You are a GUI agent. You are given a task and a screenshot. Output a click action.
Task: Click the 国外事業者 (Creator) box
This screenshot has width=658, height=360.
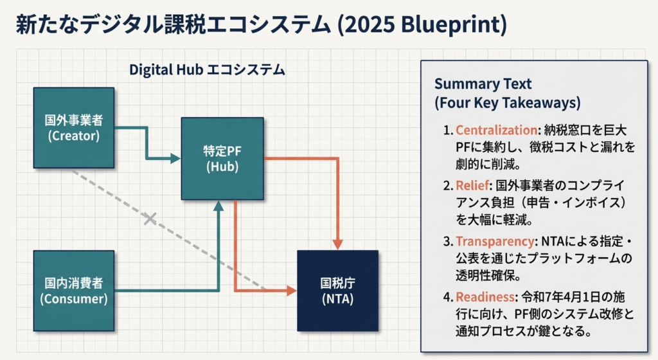(73, 127)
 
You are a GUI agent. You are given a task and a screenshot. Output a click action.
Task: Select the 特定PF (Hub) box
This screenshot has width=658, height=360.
(222, 158)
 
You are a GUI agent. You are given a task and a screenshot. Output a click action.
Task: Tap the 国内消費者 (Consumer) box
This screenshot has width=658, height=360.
(73, 291)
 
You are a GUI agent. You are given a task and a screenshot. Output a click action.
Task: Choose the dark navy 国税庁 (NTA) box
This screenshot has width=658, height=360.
(337, 291)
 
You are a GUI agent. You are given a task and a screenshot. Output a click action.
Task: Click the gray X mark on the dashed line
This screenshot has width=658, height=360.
(150, 219)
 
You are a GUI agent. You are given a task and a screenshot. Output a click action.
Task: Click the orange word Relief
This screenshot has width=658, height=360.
(472, 186)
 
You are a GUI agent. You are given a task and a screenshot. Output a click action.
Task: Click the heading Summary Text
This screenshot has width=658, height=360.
(483, 84)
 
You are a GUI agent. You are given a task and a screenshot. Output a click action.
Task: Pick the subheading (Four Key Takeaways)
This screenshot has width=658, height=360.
(508, 102)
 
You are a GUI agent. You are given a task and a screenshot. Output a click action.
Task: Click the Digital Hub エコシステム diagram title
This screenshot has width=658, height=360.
(207, 69)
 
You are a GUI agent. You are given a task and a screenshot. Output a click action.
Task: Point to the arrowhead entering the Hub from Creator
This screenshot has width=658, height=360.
(175, 158)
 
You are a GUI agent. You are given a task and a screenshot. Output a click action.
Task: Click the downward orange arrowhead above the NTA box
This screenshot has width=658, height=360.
(338, 244)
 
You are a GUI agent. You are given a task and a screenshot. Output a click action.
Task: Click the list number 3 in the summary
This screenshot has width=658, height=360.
(448, 242)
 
